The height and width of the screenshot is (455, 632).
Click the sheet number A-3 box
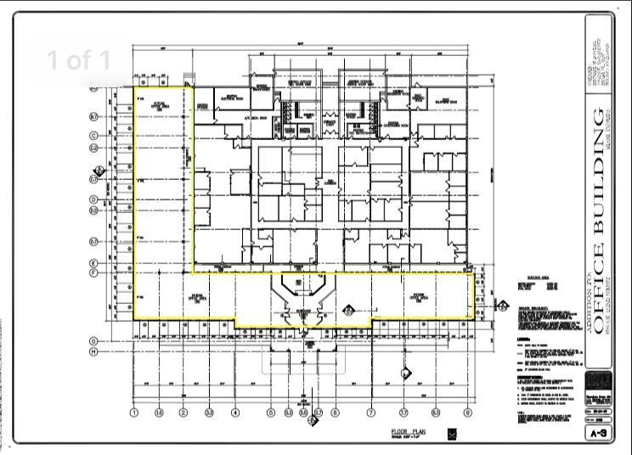[598, 433]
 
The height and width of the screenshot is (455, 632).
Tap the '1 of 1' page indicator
[78, 60]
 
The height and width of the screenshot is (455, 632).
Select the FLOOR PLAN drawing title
[408, 432]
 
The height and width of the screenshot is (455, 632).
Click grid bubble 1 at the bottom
[133, 413]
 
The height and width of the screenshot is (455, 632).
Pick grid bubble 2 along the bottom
[183, 413]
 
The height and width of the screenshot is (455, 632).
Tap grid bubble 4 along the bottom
[235, 413]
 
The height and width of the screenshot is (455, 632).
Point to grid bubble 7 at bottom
[370, 413]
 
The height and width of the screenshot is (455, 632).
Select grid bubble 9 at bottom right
[467, 413]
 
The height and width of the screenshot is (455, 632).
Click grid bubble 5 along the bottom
[271, 413]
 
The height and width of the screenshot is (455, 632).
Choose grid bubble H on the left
[93, 351]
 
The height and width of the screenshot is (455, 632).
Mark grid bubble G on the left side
[93, 341]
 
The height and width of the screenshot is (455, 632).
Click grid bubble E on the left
[93, 264]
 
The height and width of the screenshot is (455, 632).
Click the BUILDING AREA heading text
[540, 278]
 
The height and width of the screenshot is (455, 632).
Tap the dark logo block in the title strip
[598, 379]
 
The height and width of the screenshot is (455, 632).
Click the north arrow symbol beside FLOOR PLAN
[452, 434]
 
